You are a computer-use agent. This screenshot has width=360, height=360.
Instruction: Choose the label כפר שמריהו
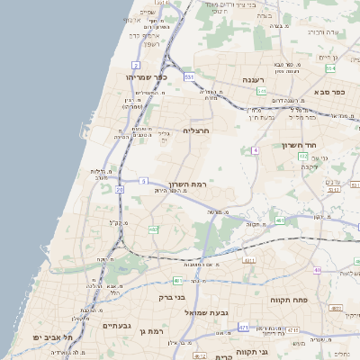(x=142, y=77)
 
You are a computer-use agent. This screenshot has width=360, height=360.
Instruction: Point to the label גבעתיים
(x=117, y=326)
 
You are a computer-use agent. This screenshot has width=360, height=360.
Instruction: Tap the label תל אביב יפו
(x=64, y=337)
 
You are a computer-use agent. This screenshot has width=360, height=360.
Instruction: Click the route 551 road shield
(x=189, y=78)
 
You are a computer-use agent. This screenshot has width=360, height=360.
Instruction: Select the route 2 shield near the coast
(x=136, y=65)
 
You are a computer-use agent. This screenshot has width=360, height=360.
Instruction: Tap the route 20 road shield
(x=120, y=190)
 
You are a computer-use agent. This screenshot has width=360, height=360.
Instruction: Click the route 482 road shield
(x=153, y=229)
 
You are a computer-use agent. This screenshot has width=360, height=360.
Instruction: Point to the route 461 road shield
(x=280, y=220)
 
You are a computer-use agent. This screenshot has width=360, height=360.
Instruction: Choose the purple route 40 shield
(x=317, y=270)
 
